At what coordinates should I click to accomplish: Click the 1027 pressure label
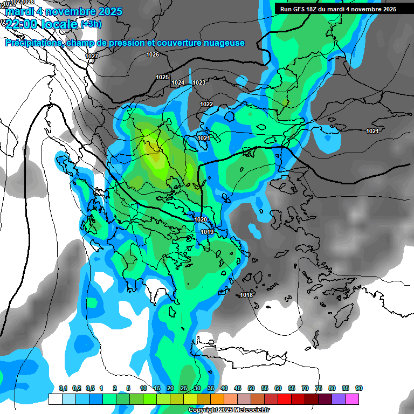[92, 56]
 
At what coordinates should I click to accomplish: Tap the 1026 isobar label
[153, 54]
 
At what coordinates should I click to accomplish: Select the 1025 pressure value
[162, 77]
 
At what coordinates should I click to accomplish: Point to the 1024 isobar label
[178, 82]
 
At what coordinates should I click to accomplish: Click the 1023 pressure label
[199, 82]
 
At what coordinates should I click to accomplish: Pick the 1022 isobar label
[206, 104]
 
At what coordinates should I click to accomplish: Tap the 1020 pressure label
[201, 219]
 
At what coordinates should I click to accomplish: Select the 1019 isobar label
[207, 232]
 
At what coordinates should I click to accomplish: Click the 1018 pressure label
[247, 294]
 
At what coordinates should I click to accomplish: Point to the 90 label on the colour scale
[359, 388]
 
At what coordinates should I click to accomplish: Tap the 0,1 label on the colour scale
[63, 388]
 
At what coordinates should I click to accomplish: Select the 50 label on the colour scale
[251, 388]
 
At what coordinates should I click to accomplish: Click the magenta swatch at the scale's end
[352, 399]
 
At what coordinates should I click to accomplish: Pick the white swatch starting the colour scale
[55, 399]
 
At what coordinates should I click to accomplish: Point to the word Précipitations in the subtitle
[33, 43]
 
